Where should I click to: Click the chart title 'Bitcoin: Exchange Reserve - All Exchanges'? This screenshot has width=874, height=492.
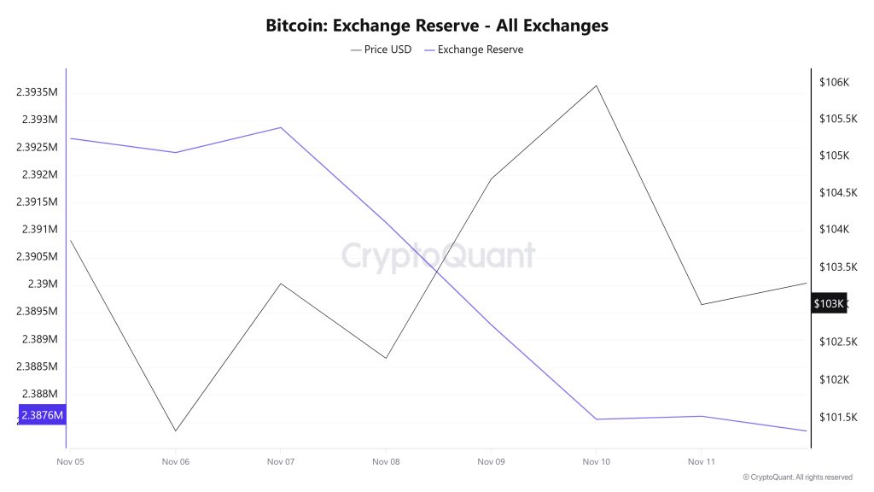[437, 26]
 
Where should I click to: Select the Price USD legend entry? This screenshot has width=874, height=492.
[382, 50]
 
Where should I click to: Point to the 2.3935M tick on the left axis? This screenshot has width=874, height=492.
[36, 92]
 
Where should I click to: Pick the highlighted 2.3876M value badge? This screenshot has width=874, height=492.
[42, 416]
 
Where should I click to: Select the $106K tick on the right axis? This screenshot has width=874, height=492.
[833, 82]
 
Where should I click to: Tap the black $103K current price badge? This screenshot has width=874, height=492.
[828, 304]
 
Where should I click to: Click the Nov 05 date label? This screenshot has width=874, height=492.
[70, 461]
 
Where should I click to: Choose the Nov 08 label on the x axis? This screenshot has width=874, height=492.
[386, 461]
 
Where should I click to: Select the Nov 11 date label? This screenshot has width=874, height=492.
[701, 461]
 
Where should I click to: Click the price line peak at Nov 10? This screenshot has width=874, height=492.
[596, 85]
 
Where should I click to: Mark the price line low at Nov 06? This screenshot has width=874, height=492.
[176, 430]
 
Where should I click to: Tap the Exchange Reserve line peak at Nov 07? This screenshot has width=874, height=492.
[281, 128]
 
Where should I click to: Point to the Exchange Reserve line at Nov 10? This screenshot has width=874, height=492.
[596, 419]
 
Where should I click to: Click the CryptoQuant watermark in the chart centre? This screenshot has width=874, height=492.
[438, 255]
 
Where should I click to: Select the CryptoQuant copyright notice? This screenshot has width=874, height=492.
[797, 477]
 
